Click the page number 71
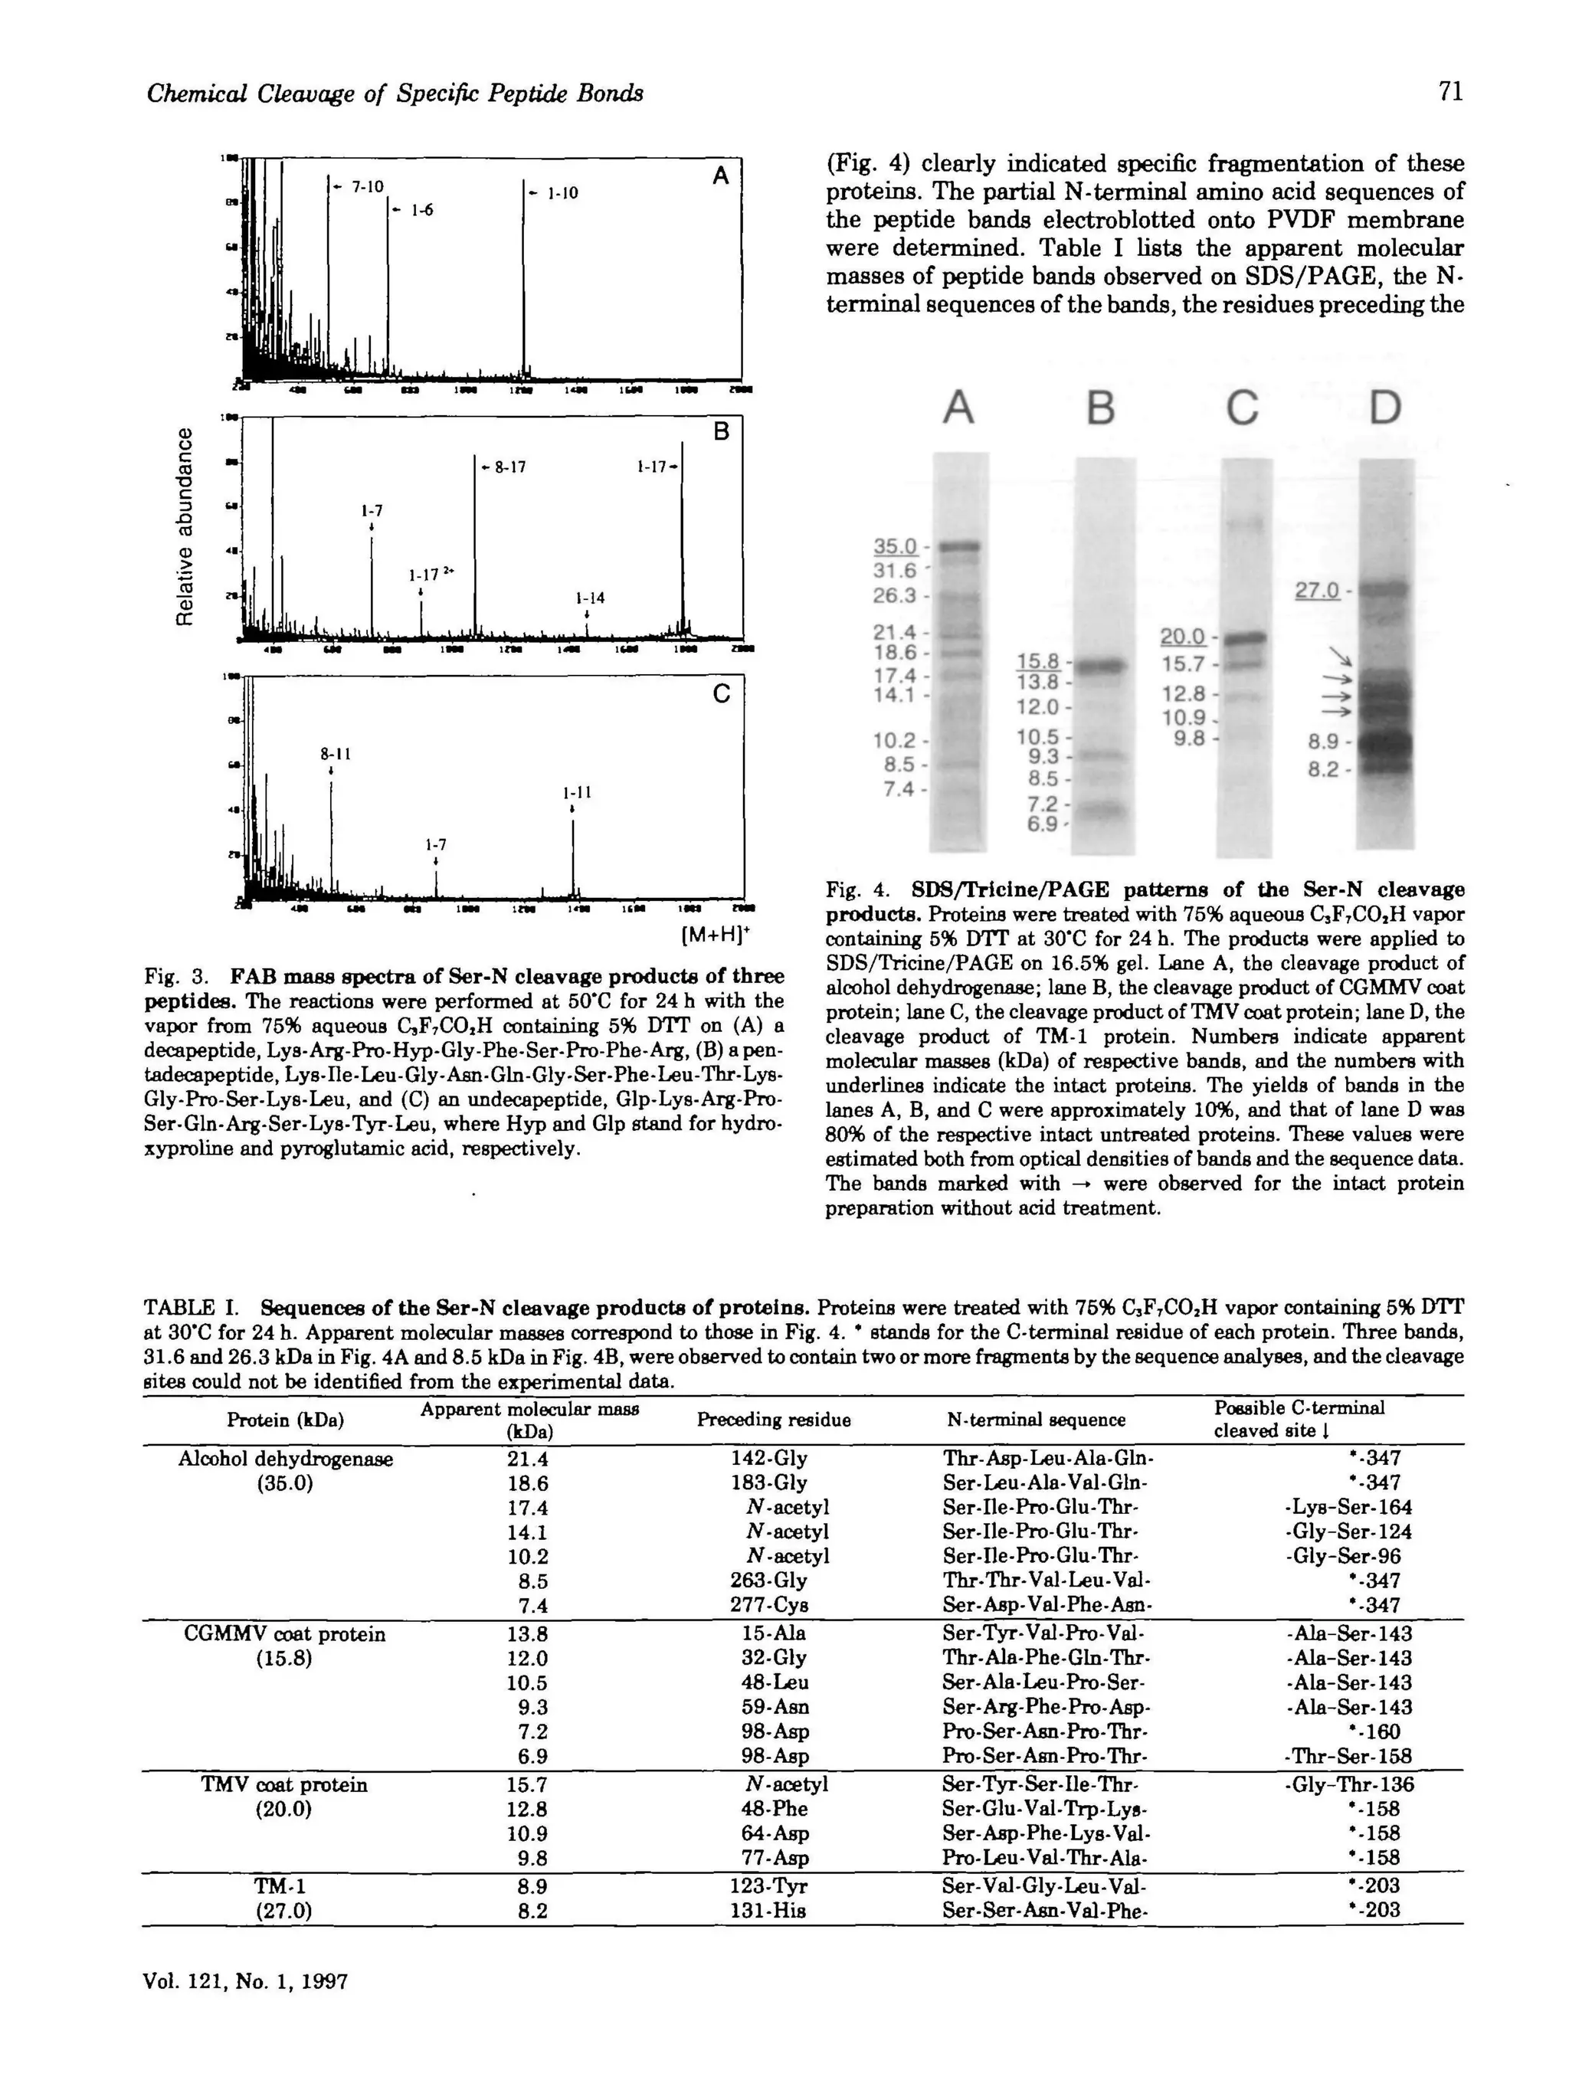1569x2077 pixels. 1449,92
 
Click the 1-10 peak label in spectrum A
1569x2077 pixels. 562,193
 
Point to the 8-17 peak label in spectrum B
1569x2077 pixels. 507,467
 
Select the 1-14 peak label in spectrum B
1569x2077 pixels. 590,598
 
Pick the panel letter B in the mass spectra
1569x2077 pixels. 721,432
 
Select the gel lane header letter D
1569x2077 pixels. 1384,408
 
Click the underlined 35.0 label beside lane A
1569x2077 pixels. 895,546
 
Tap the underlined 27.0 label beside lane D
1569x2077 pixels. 1316,591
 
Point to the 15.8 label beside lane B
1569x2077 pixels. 1037,662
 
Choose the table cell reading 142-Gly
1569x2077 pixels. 768,1458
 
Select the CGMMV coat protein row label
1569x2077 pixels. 284,1634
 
